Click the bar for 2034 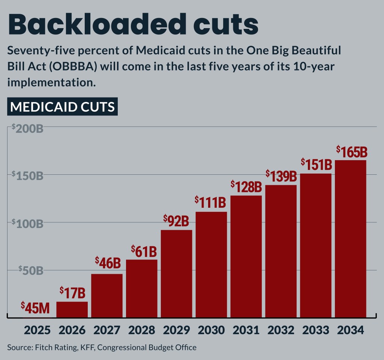coord(350,238)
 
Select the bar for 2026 coord(72,309)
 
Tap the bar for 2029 coord(176,274)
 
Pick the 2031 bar coord(246,256)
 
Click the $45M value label coord(35,308)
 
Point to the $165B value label coord(351,152)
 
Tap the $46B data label coord(108,262)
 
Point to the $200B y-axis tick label coord(28,128)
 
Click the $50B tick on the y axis coord(31,270)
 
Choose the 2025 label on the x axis coord(37,330)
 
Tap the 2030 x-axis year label coord(211,330)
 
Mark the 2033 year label coord(316,330)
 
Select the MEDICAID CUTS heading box coord(62,107)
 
